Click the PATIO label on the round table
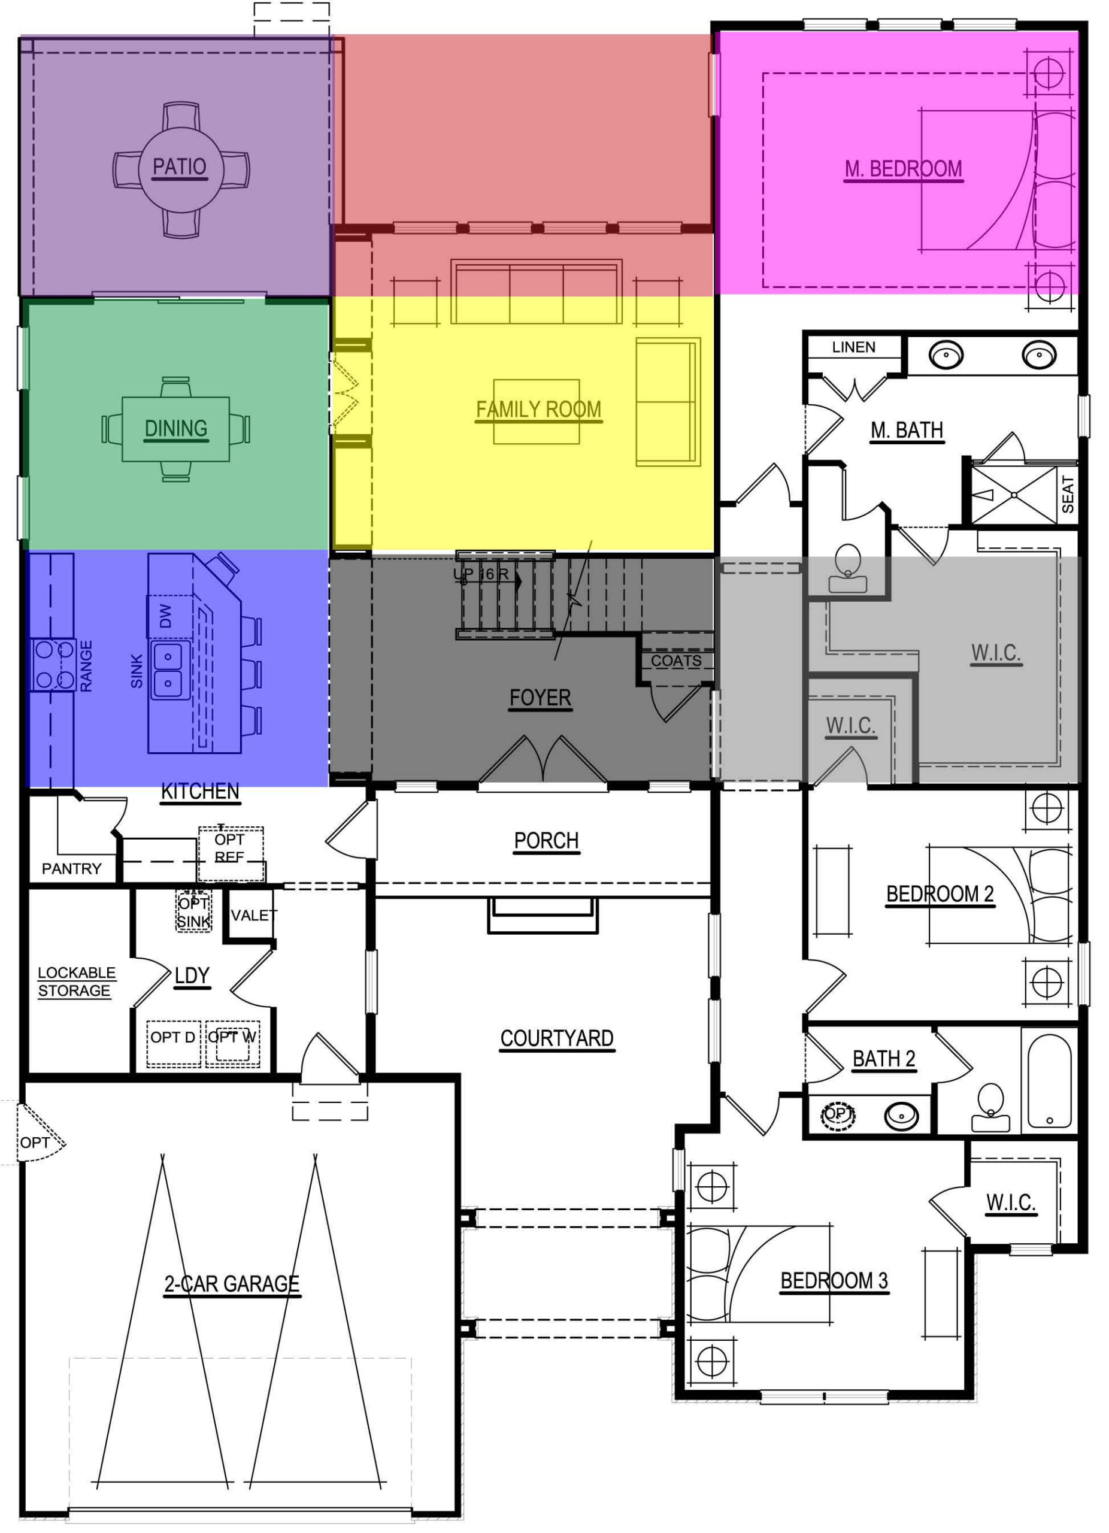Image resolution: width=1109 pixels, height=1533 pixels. click(x=179, y=166)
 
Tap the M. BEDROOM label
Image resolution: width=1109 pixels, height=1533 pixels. click(x=903, y=169)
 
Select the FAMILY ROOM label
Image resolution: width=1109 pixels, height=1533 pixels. click(x=538, y=410)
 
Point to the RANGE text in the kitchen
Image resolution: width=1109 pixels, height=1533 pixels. click(x=86, y=666)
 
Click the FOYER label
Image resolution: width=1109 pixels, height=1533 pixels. click(x=540, y=698)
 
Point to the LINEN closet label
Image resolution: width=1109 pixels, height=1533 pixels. click(x=853, y=347)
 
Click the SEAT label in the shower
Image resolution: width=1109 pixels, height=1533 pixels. click(x=1068, y=494)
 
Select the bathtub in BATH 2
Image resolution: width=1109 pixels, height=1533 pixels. click(x=1049, y=1081)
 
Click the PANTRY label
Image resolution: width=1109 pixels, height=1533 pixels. click(x=71, y=868)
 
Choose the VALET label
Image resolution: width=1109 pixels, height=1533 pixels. click(x=253, y=915)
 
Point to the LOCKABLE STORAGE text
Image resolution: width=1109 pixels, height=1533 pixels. click(x=75, y=981)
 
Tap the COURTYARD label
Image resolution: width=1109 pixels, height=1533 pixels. click(x=556, y=1038)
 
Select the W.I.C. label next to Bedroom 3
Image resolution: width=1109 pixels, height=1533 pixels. click(x=1010, y=1202)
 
